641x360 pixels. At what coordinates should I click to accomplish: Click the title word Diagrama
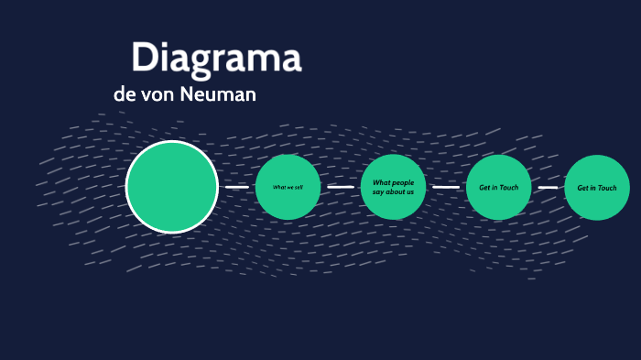pyautogui.click(x=216, y=57)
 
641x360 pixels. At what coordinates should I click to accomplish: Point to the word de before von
pyautogui.click(x=123, y=94)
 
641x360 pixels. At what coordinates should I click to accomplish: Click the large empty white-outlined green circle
pyautogui.click(x=172, y=187)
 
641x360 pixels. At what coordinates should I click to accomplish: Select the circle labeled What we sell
pyautogui.click(x=288, y=187)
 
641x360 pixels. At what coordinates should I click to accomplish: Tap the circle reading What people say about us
pyautogui.click(x=393, y=187)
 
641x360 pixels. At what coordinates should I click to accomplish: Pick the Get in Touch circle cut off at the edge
pyautogui.click(x=597, y=188)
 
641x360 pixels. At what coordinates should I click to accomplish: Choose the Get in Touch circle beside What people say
pyautogui.click(x=498, y=188)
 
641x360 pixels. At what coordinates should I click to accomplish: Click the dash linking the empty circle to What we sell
pyautogui.click(x=237, y=187)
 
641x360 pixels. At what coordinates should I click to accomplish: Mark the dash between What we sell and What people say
pyautogui.click(x=341, y=187)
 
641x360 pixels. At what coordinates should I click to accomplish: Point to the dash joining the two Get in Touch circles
pyautogui.click(x=548, y=188)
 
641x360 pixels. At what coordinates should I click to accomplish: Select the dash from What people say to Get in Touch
pyautogui.click(x=446, y=187)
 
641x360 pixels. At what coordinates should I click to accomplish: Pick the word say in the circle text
pyautogui.click(x=377, y=192)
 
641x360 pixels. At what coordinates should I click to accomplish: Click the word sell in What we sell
pyautogui.click(x=299, y=187)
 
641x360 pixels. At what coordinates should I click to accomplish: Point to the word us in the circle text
pyautogui.click(x=410, y=192)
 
